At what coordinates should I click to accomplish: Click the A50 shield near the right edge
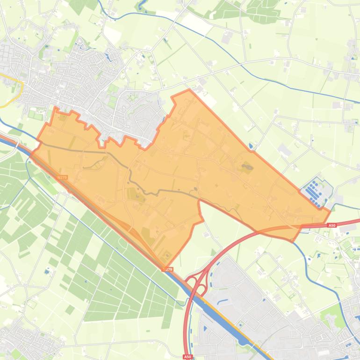click(331, 225)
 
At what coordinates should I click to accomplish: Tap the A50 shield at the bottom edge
click(187, 357)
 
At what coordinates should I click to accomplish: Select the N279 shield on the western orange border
click(63, 178)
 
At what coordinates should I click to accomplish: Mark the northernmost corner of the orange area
click(189, 90)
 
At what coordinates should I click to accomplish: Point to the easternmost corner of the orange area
click(330, 211)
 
